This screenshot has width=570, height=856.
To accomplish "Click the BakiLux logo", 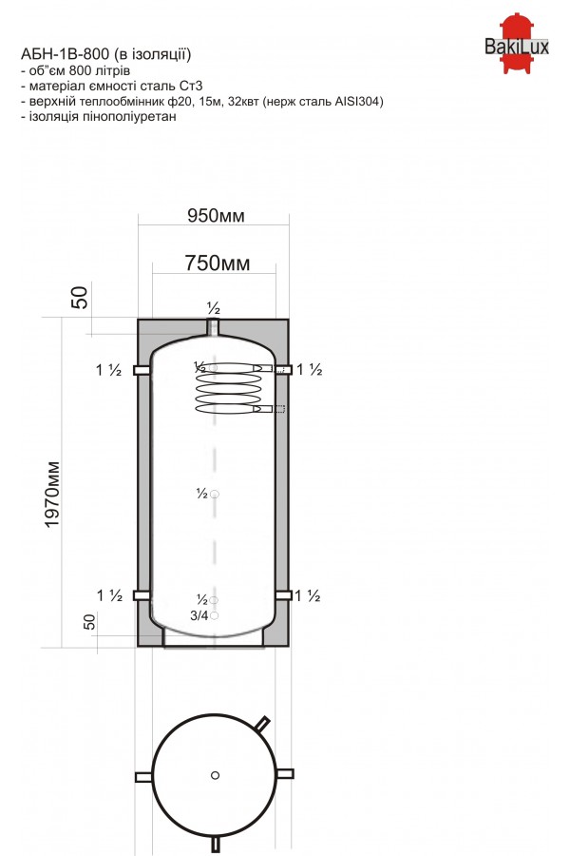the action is pyautogui.click(x=516, y=43).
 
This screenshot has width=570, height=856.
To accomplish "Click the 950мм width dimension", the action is pyautogui.click(x=216, y=216).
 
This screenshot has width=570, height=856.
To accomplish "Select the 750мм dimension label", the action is pyautogui.click(x=218, y=263).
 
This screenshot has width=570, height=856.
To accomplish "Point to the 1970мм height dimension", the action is pyautogui.click(x=52, y=495).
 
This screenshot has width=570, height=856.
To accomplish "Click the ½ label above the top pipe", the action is pyautogui.click(x=213, y=308).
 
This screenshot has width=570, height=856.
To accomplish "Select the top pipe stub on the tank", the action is pyautogui.click(x=213, y=328).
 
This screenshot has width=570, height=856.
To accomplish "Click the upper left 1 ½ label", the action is pyautogui.click(x=108, y=370).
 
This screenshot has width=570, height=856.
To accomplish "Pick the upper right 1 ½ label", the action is pyautogui.click(x=310, y=370).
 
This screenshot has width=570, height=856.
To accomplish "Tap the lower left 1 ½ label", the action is pyautogui.click(x=109, y=595).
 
